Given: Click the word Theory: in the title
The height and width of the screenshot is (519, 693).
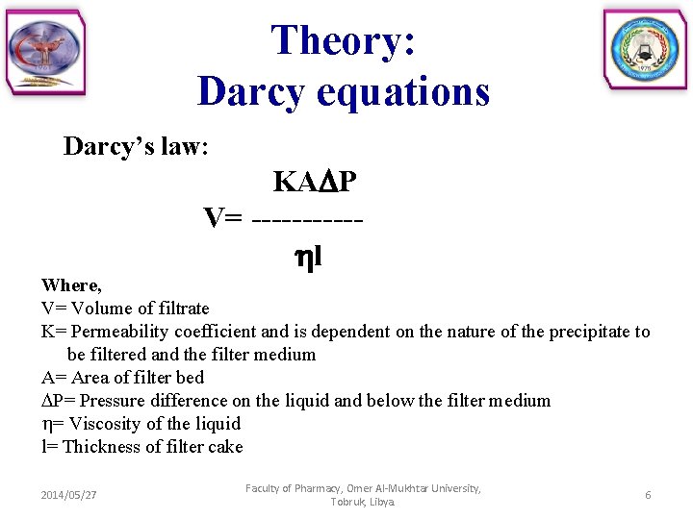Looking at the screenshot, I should click(344, 40).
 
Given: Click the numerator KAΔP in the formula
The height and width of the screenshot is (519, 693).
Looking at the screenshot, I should click(316, 182).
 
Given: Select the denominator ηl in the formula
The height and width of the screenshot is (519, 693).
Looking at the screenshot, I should click(307, 257).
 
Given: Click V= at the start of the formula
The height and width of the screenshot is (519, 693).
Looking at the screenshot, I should click(223, 219).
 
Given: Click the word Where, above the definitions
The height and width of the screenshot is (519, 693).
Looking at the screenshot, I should click(71, 285).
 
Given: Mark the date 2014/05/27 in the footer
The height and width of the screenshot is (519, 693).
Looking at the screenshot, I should click(68, 495).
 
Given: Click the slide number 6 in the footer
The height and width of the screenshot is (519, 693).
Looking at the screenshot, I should click(648, 495).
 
